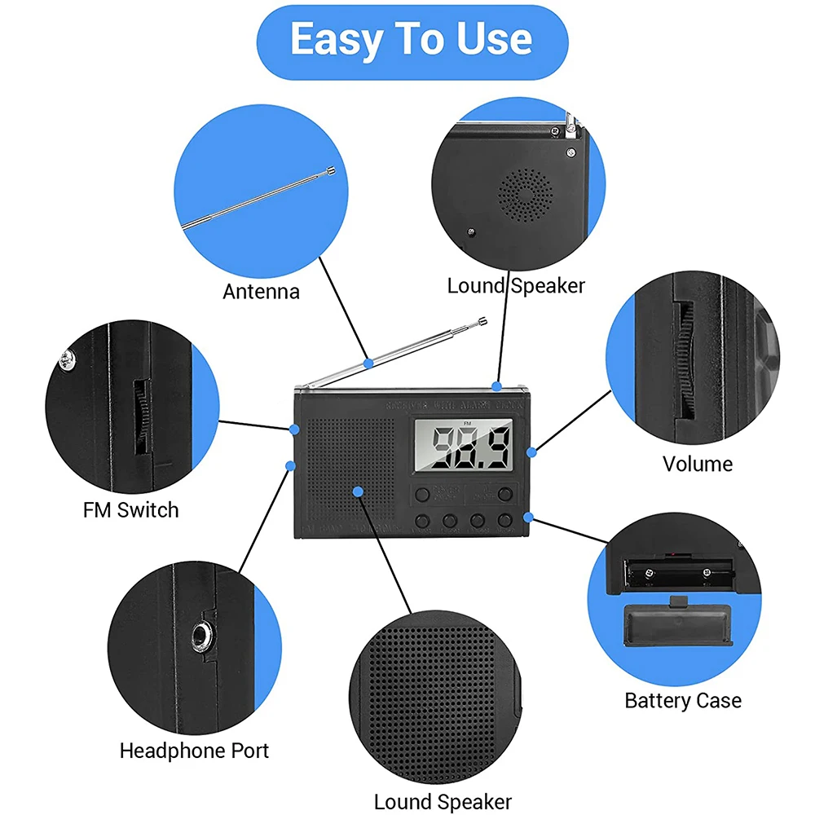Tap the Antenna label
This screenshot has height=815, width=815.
(x=261, y=291)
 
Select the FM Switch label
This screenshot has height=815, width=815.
(x=130, y=510)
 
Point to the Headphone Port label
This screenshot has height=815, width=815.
(x=194, y=751)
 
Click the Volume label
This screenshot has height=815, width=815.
(x=697, y=464)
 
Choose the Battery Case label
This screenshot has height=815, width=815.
(x=683, y=700)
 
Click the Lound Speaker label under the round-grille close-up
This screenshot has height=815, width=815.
(x=516, y=285)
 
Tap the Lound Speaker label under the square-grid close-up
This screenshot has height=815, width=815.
(x=443, y=802)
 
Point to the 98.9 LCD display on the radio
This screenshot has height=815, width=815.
(x=463, y=447)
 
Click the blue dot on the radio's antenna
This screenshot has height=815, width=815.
(x=368, y=362)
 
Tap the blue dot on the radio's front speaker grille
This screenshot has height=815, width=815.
(x=357, y=491)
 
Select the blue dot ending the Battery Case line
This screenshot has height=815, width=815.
(x=528, y=516)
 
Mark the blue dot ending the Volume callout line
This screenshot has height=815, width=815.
(x=531, y=451)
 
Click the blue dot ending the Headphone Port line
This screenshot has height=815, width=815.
(x=289, y=465)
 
